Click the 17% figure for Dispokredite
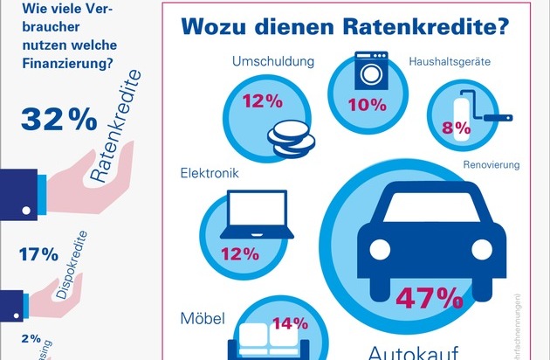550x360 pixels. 39,255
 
